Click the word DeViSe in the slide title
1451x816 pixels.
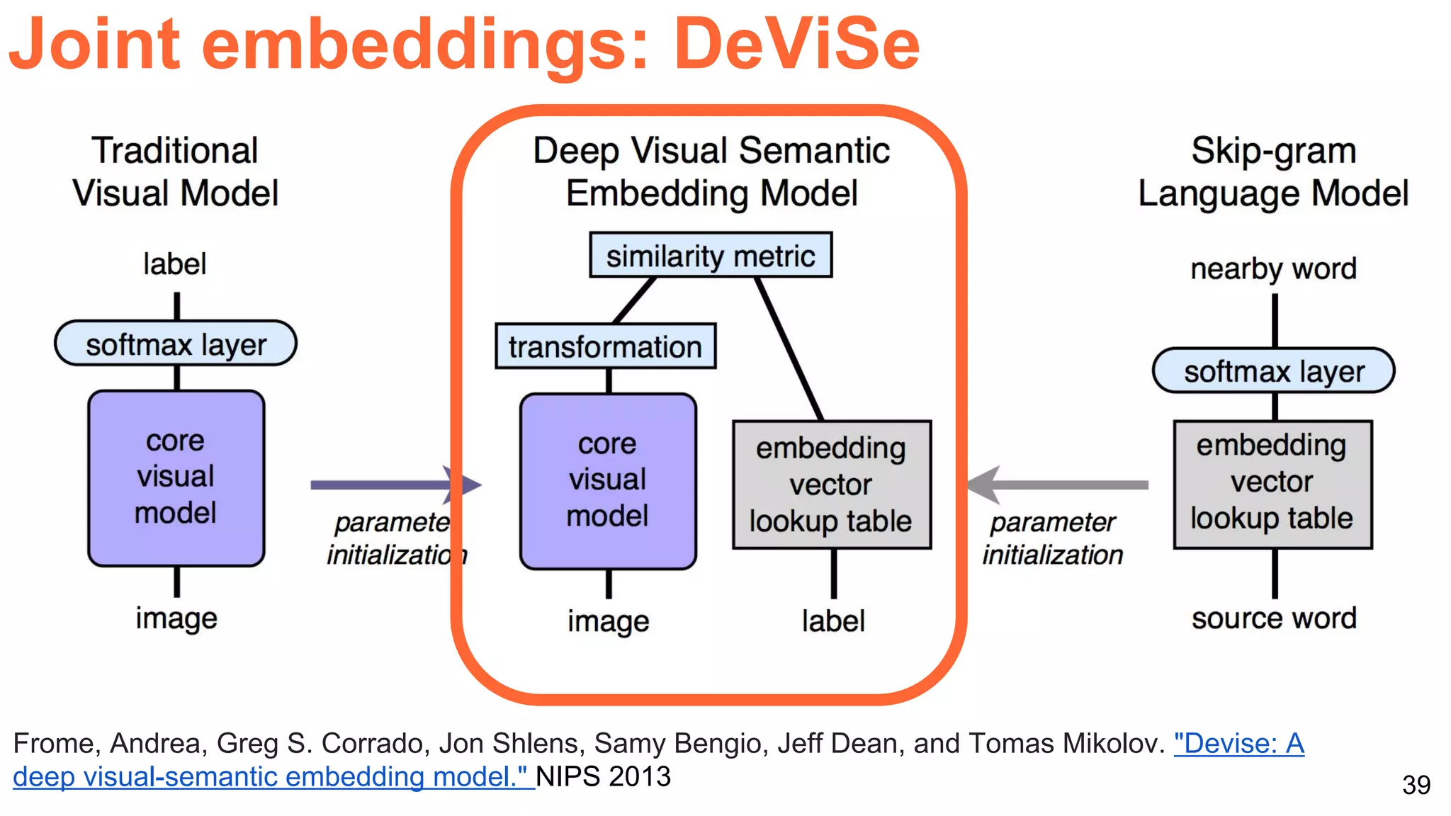pos(796,44)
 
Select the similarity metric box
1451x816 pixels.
pos(711,256)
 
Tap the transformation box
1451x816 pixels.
pos(605,346)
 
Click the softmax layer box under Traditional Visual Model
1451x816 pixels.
pos(176,344)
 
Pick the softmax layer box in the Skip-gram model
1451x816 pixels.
pos(1273,370)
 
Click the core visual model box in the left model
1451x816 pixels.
pos(176,477)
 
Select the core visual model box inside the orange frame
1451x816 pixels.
pos(608,481)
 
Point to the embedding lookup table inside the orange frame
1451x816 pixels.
pos(831,484)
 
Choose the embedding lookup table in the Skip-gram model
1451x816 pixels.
pos(1272,483)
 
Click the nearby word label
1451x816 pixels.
pos(1273,269)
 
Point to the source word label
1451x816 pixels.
pos(1274,618)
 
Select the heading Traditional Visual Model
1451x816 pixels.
pos(175,172)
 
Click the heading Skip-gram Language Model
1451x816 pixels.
pos(1273,172)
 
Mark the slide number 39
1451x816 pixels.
pos(1416,785)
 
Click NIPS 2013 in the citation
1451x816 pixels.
pos(603,777)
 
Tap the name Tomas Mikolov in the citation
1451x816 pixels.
pos(1066,744)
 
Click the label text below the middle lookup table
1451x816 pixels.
pos(833,621)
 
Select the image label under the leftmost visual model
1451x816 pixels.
pos(176,618)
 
